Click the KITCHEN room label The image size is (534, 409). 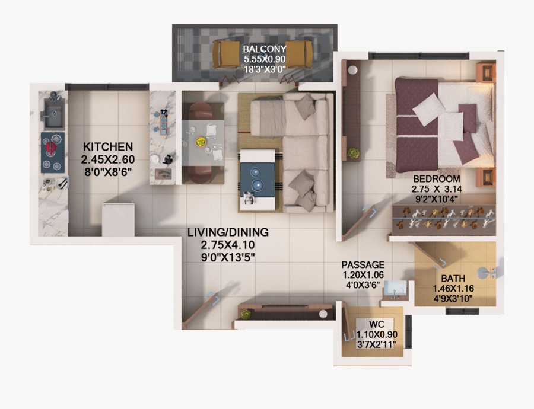click(108, 146)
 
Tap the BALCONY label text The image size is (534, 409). click(265, 49)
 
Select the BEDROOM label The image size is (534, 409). click(437, 178)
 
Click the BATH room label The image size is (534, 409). click(453, 278)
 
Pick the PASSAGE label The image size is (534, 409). click(363, 264)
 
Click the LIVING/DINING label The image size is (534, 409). click(228, 232)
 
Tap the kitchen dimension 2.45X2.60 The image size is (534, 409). click(107, 159)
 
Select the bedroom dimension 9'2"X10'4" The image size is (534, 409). click(436, 200)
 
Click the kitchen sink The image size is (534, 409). click(54, 114)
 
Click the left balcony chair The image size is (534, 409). click(226, 55)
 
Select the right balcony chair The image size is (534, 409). click(300, 55)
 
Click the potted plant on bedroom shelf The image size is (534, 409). click(354, 153)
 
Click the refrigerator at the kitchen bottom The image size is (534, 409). click(119, 219)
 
